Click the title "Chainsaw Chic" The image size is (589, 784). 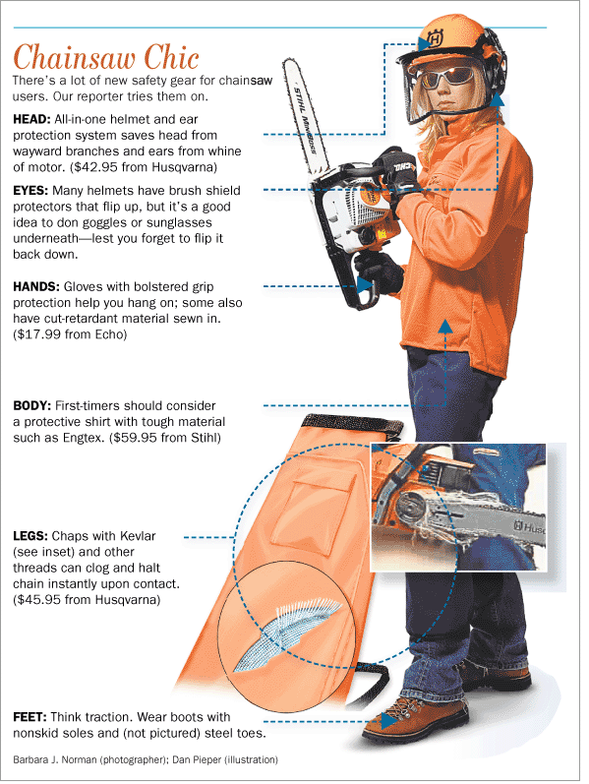pyautogui.click(x=106, y=57)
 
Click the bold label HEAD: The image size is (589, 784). pyautogui.click(x=31, y=119)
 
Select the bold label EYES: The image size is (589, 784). pyautogui.click(x=30, y=191)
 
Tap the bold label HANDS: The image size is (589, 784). pyautogui.click(x=36, y=287)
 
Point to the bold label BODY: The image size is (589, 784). pyautogui.click(x=32, y=406)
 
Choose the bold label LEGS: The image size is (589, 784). pyautogui.click(x=30, y=536)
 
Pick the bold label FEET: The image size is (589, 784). pyautogui.click(x=30, y=717)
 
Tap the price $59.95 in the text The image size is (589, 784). pyautogui.click(x=135, y=438)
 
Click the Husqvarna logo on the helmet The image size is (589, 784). pyautogui.click(x=434, y=38)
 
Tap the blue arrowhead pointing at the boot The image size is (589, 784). pyautogui.click(x=388, y=721)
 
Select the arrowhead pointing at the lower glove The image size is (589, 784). pyautogui.click(x=365, y=284)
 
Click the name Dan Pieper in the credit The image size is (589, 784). pyautogui.click(x=196, y=760)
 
